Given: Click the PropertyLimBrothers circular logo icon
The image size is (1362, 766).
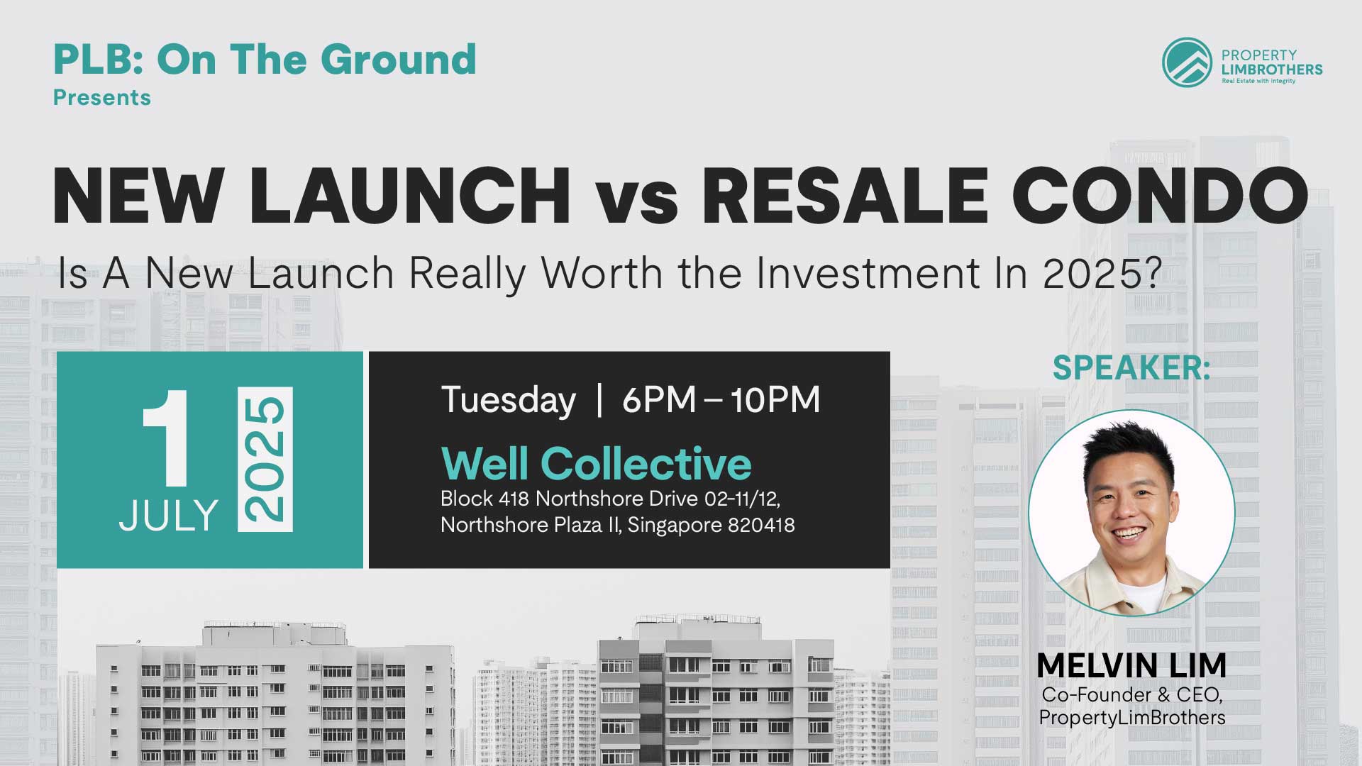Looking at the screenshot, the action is pos(1187,62).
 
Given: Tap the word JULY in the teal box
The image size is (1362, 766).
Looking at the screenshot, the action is pos(169,516).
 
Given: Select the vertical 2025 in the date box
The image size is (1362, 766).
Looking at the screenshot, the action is pos(265,460).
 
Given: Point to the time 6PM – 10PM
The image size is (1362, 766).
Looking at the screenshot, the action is pos(721,400).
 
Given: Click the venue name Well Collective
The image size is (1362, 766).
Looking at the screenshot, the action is pos(596,463).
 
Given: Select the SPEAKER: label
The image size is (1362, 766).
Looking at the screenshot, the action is pos(1131,367).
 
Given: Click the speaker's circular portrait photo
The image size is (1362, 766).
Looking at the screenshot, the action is pos(1131,513).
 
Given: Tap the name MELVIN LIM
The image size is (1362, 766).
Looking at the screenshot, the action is pos(1131,665).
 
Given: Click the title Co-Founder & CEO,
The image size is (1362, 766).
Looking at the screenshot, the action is pos(1132,694).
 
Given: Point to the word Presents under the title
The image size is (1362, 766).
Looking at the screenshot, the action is pos(102,97).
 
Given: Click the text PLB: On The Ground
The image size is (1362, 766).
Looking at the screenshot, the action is pos(265,59).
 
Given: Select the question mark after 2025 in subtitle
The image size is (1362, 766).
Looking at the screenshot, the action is pos(1153,273).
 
